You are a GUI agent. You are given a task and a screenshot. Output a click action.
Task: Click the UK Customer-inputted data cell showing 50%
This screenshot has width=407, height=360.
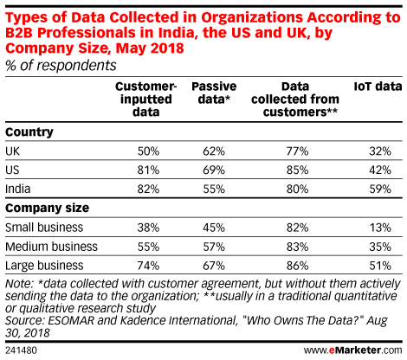point(148,151)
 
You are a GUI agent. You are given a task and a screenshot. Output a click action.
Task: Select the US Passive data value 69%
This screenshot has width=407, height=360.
point(214,170)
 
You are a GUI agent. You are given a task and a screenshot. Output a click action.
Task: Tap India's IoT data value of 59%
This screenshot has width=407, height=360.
point(380,189)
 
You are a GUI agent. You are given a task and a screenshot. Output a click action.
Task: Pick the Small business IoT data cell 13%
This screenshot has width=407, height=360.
point(380,228)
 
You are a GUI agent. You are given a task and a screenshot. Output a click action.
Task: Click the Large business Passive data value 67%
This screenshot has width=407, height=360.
point(214,266)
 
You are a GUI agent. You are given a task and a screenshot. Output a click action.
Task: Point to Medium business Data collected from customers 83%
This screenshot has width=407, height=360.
point(297,247)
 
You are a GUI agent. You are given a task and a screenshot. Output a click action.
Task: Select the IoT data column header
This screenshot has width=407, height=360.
point(378,87)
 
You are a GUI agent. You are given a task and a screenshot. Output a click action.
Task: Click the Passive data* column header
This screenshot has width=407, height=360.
point(214,93)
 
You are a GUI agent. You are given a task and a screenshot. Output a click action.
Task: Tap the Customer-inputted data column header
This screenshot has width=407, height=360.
point(145,99)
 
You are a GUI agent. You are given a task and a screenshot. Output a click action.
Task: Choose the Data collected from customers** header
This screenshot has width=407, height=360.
point(295,99)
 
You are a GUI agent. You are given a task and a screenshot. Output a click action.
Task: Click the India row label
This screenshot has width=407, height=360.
point(18,189)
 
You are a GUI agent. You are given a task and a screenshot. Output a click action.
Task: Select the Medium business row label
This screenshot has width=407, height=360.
point(51,247)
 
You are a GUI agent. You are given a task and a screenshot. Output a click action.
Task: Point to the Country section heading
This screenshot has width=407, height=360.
point(29,132)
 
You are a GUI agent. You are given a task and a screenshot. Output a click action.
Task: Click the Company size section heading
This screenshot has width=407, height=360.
point(48,208)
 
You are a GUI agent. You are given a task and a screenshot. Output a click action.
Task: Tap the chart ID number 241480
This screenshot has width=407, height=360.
point(21,350)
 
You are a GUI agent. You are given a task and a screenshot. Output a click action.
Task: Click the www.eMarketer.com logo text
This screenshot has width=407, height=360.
point(352,350)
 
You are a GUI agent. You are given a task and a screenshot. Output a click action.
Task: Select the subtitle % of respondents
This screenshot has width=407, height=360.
point(61,66)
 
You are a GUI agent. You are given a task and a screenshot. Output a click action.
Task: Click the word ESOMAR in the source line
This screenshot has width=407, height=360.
point(71,320)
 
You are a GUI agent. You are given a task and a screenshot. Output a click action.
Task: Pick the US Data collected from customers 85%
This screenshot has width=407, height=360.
point(297,170)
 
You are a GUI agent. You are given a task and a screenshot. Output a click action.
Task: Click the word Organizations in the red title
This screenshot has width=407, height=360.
point(252,18)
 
